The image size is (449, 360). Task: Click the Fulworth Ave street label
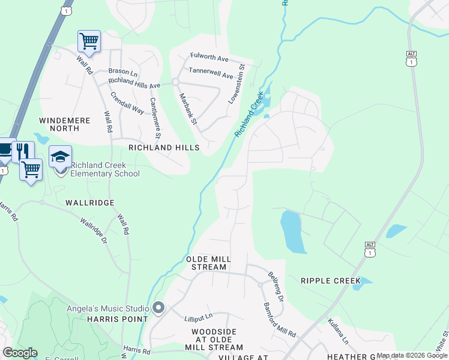[209, 58]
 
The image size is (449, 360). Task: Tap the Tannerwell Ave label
[211, 75]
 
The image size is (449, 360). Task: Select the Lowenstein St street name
[237, 85]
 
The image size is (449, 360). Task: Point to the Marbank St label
[188, 109]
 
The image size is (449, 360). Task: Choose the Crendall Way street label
[126, 102]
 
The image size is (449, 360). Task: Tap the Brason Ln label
[122, 71]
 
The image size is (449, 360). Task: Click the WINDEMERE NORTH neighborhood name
[65, 124]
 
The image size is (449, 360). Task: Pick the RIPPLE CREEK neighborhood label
[331, 281]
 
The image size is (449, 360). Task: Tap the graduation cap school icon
[60, 157]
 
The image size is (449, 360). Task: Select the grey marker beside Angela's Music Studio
[158, 308]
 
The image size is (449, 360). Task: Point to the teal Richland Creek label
[250, 113]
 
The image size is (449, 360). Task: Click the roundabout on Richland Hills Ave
[176, 81]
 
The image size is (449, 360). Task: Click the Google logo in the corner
[20, 353]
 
